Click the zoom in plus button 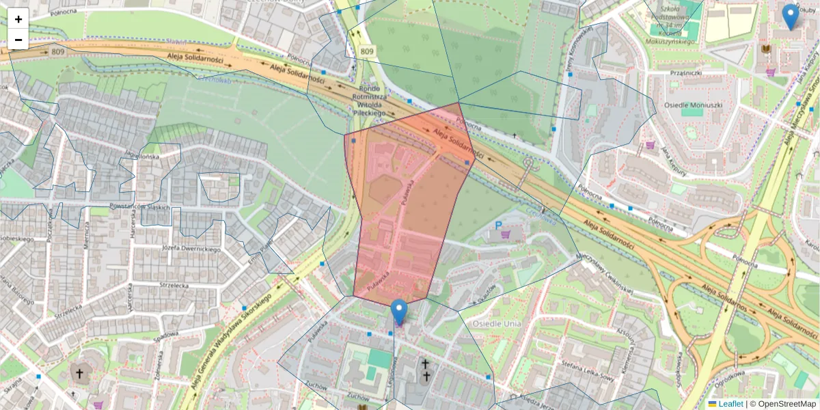click(x=18, y=19)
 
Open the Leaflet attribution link click(x=730, y=404)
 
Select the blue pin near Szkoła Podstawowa click(x=790, y=16)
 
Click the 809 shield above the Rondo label click(x=367, y=51)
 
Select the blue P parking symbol click(x=499, y=225)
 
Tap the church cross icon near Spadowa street click(x=79, y=374)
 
